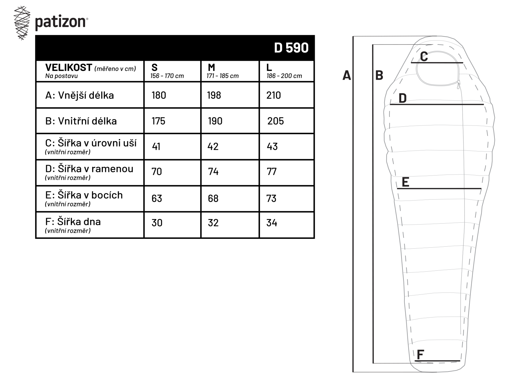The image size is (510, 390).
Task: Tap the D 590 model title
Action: click(x=291, y=48)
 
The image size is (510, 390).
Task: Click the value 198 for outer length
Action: click(x=214, y=95)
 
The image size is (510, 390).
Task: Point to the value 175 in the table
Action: click(x=158, y=121)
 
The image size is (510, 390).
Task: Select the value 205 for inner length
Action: click(x=275, y=121)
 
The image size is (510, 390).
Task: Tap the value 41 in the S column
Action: click(x=156, y=147)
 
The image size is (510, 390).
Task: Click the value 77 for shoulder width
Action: click(x=271, y=172)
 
